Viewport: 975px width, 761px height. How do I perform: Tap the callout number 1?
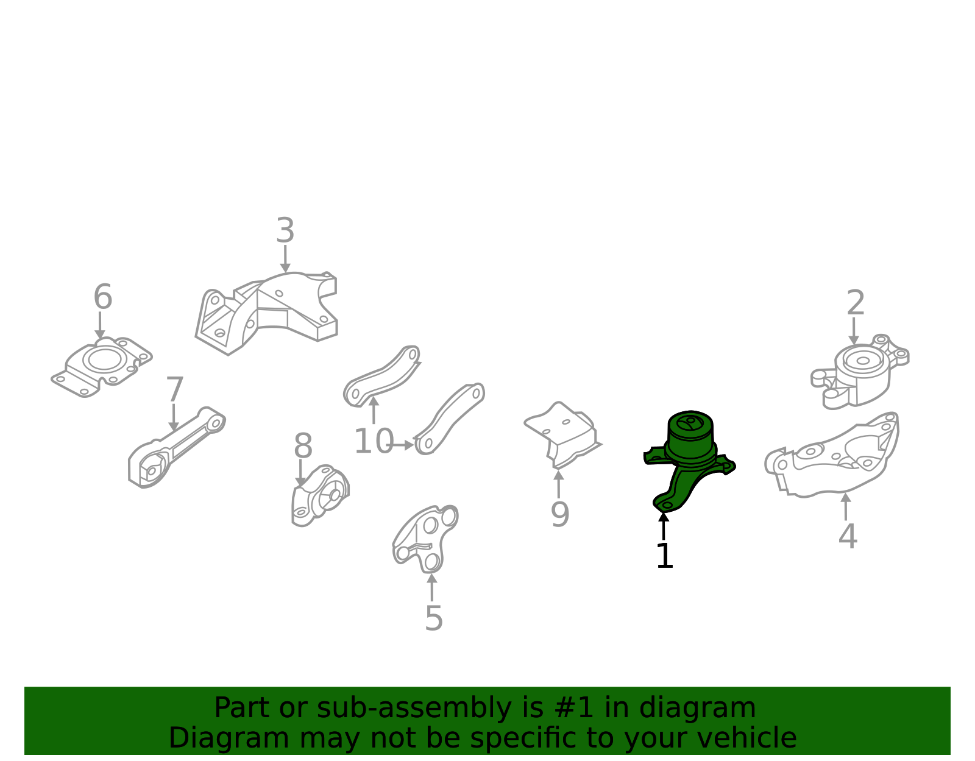click(664, 556)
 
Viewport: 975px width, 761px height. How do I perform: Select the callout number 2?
click(855, 303)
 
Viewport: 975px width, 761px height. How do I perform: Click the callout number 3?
click(285, 231)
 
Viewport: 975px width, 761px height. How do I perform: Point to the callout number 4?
click(848, 536)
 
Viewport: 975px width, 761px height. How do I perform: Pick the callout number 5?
click(434, 619)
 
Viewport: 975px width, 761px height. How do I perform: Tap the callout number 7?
click(174, 389)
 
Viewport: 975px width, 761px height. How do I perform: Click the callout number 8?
click(303, 446)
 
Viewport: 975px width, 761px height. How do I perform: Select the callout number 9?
click(560, 515)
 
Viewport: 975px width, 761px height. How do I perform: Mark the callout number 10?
click(374, 442)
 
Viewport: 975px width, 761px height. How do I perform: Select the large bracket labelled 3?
click(266, 313)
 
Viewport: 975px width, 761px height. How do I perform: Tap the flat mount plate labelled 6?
click(102, 367)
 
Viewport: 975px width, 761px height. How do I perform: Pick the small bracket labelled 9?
click(563, 434)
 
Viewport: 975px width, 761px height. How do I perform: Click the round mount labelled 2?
click(860, 372)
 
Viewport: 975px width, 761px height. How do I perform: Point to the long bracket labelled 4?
click(832, 455)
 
